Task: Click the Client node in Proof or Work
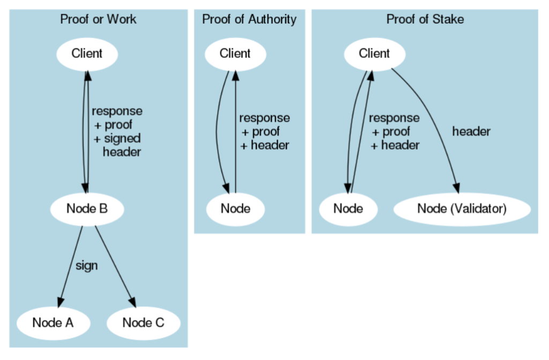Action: pyautogui.click(x=87, y=54)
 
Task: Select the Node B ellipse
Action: pyautogui.click(x=87, y=208)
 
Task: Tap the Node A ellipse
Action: pyautogui.click(x=53, y=322)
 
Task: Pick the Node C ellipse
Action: pyautogui.click(x=143, y=322)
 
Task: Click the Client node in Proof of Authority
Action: pyautogui.click(x=235, y=54)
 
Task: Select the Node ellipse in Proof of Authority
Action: pyautogui.click(x=235, y=208)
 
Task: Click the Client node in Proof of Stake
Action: pyautogui.click(x=374, y=54)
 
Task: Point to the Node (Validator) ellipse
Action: pyautogui.click(x=462, y=208)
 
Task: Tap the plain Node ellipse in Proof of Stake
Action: pyautogui.click(x=348, y=208)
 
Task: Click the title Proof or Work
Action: pyautogui.click(x=98, y=20)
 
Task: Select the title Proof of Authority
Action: pyautogui.click(x=249, y=20)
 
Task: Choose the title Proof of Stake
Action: pyautogui.click(x=425, y=20)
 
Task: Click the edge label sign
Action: pyautogui.click(x=87, y=266)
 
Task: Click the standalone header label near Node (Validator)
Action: pyautogui.click(x=471, y=131)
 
